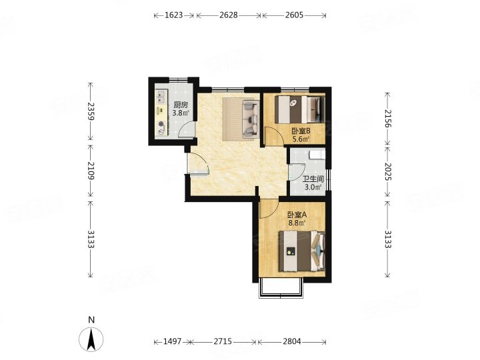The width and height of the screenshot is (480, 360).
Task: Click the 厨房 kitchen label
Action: coord(180,105)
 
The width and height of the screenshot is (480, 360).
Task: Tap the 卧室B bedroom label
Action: coord(301,131)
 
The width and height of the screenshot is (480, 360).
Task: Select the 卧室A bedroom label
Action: coord(297,215)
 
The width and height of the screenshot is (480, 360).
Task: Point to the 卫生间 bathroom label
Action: coord(313,179)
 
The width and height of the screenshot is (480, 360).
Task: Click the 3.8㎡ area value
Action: coord(180,113)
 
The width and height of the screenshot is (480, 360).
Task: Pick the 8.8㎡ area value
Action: coord(297,223)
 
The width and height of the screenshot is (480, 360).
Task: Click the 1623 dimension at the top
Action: coord(173,15)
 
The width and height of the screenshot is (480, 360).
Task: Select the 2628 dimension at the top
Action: coord(229,15)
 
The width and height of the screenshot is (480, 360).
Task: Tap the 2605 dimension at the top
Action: coord(294,15)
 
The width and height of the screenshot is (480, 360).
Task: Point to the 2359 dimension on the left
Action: coord(91,111)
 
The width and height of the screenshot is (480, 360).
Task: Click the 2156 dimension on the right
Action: coord(387,118)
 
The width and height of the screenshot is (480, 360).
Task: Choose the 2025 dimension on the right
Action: coord(387,171)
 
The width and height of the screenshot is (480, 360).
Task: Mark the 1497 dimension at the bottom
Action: coord(172,341)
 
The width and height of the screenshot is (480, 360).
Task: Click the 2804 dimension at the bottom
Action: coord(292,341)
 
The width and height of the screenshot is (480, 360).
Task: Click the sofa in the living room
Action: coord(251,119)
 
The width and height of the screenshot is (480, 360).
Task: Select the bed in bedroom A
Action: coord(301,251)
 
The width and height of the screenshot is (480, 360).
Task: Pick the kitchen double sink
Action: coord(161,97)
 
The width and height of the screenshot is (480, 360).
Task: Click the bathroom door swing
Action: coord(297,172)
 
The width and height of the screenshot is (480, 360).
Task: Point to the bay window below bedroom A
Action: coord(281,288)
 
